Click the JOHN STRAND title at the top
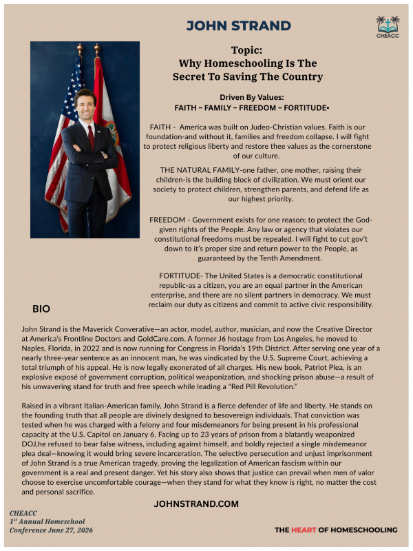coord(238,26)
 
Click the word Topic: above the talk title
coord(247,50)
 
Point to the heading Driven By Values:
coord(252,97)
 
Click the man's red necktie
coord(90,137)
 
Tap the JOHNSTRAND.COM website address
coord(196,504)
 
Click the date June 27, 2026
coord(67,530)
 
